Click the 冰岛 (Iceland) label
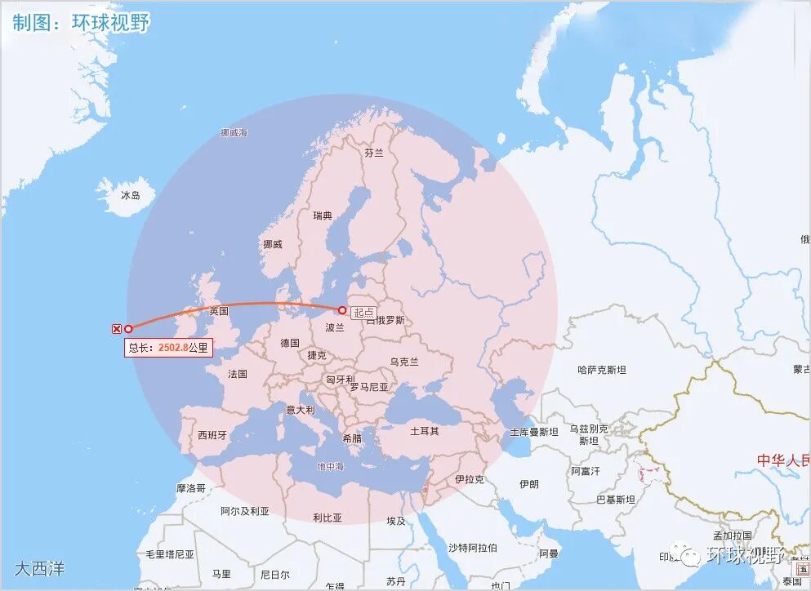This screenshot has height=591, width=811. pos(131,195)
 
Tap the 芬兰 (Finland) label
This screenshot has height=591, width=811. pos(374,153)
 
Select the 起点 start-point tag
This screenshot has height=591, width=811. pos(364,312)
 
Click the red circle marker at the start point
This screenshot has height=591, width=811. pos(341,309)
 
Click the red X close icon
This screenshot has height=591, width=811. pos(116,328)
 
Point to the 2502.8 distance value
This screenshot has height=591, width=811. pos(173,347)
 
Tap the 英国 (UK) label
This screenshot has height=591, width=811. pos(219,311)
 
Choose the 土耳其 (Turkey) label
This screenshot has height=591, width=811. pos(425,430)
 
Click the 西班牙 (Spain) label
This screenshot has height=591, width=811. pos(212,435)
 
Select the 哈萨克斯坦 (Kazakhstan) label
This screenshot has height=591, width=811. pos(601,370)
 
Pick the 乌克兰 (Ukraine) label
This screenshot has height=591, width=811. pos(404,362)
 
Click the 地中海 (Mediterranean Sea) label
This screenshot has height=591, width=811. pos(331,466)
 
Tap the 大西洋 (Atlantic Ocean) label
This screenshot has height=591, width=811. pos(39,567)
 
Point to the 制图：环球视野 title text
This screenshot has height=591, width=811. pos(81,22)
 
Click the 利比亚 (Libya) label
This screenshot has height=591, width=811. pos(328,518)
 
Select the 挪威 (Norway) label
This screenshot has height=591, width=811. pos(273,244)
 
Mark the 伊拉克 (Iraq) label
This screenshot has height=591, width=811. pos(470,479)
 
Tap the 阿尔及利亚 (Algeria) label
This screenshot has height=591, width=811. pos(244,511)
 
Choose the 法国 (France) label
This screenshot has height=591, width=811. pos(238,374)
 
